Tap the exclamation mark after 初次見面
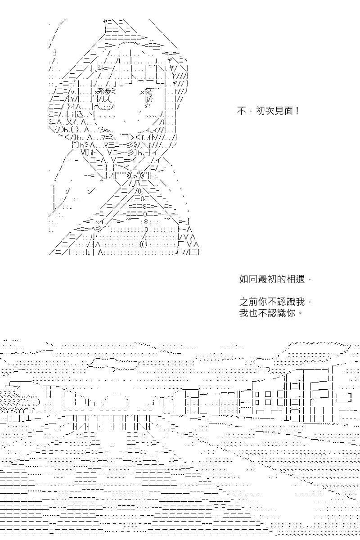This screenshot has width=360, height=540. tap(297, 111)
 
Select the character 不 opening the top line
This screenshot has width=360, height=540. tap(241, 111)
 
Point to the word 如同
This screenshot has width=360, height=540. tap(248, 279)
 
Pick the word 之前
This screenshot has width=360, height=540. tap(248, 301)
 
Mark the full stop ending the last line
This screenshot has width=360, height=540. tap(301, 314)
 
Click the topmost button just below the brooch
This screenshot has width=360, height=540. tap(140, 191)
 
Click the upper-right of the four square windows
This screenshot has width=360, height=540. tap(268, 394)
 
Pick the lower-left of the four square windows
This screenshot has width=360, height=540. tap(257, 402)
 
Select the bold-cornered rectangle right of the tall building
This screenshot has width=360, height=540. tap(344, 397)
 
